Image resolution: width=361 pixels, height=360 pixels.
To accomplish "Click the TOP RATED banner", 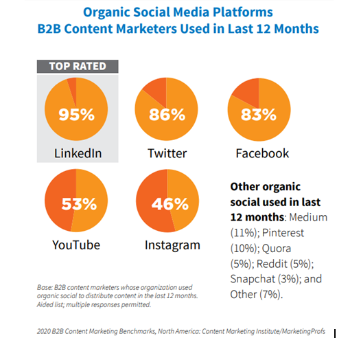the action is click(78, 67).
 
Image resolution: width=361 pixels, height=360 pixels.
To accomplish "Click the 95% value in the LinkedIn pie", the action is click(76, 115).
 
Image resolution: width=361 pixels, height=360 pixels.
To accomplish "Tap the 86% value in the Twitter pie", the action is click(167, 115).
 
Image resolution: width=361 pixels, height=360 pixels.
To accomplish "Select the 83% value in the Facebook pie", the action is click(259, 115).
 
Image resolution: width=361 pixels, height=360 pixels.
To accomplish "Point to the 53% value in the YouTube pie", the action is click(79, 204).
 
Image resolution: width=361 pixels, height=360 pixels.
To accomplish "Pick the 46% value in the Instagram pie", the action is click(170, 204).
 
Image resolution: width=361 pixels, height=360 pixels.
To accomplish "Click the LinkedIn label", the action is click(78, 153).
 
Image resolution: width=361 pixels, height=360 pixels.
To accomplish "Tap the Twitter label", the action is click(167, 153).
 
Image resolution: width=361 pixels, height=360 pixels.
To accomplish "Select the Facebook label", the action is click(262, 153).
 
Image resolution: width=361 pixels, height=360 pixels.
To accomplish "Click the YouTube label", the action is click(76, 245).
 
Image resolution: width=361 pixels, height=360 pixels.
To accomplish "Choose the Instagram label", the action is click(172, 245).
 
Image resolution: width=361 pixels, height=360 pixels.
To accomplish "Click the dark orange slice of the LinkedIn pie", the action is click(73, 89).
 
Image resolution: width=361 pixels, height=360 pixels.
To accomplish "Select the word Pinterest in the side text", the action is click(283, 233).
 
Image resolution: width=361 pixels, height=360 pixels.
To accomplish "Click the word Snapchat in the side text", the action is click(253, 279).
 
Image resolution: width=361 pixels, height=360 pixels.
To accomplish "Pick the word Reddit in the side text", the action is click(272, 264).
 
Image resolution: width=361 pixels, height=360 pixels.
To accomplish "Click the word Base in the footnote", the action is click(45, 288).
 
